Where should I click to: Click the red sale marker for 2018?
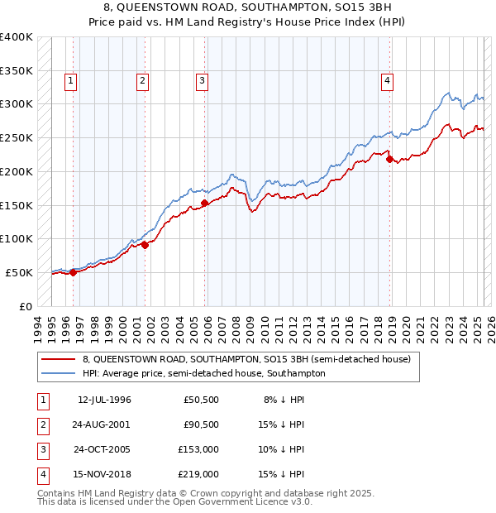389,159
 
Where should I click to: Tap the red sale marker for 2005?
203,203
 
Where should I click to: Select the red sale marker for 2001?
145,244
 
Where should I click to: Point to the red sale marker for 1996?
73,271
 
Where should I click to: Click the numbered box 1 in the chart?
72,80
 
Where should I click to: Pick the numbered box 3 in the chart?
202,80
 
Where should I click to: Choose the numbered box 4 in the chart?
387,80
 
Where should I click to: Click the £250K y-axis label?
17,138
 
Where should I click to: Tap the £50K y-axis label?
20,272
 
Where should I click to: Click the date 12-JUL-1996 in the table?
104,400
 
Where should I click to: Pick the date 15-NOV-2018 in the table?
104,474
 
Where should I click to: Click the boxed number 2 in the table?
42,424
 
